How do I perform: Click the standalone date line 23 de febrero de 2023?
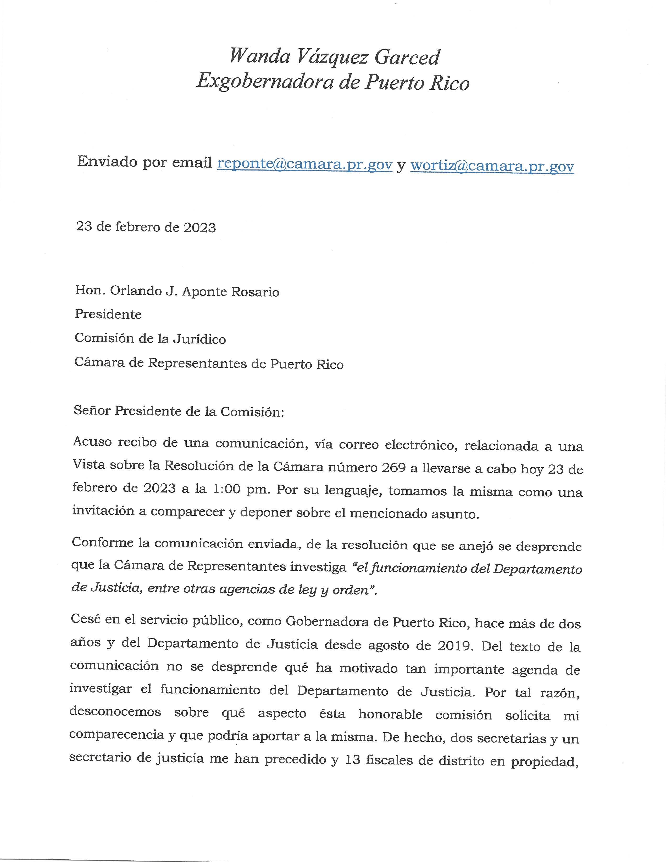pyautogui.click(x=146, y=227)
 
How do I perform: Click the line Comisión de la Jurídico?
pyautogui.click(x=150, y=339)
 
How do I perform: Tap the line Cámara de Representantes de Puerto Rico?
pyautogui.click(x=209, y=364)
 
